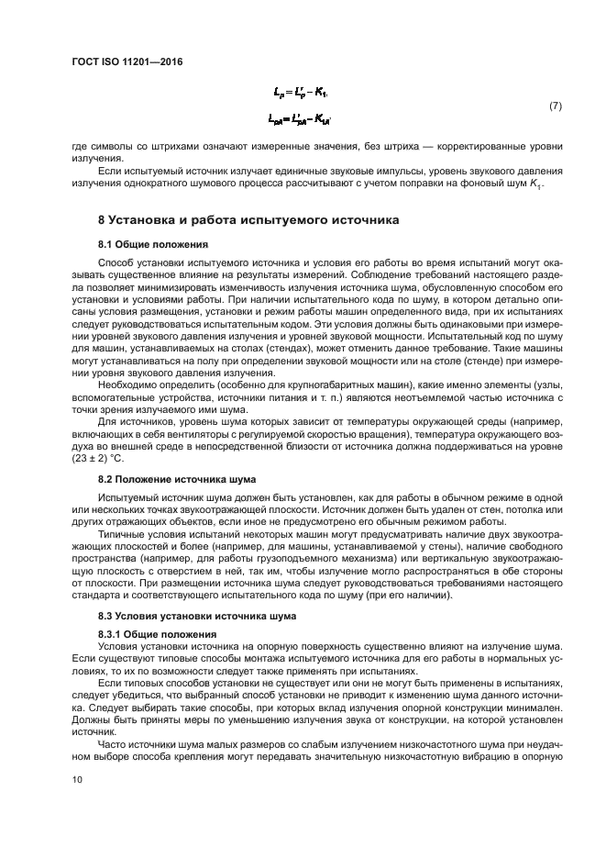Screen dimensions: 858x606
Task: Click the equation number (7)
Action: click(555, 106)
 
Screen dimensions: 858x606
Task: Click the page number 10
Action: click(77, 779)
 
